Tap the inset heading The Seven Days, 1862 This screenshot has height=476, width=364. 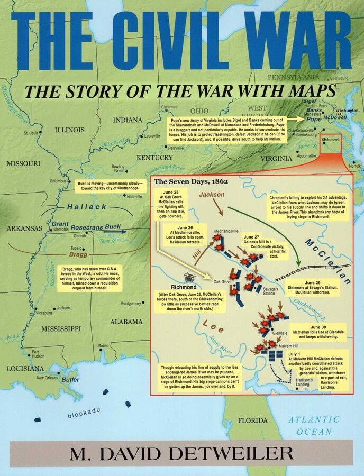coord(190,181)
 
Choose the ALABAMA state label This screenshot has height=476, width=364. coord(126,321)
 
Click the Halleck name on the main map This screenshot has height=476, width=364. coord(87,207)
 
